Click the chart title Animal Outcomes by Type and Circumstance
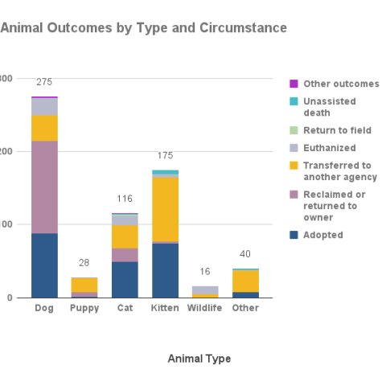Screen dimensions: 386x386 [143, 28]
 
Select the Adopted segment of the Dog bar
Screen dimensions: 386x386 [44, 265]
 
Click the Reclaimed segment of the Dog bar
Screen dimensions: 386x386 [44, 187]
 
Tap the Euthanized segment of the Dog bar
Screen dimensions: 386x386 [44, 106]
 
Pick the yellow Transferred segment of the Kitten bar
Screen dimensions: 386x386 [165, 209]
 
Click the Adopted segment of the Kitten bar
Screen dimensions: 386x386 [165, 270]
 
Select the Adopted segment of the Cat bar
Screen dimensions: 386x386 [125, 279]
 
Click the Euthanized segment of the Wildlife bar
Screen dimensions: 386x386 [205, 289]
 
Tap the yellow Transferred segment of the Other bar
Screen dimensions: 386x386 [245, 281]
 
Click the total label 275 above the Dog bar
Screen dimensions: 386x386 [44, 83]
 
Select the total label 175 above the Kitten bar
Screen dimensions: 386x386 [165, 155]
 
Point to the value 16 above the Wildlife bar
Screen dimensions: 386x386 [205, 272]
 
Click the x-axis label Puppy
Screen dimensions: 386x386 [84, 308]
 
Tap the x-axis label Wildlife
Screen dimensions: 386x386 [205, 308]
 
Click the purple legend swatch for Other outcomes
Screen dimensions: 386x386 [294, 84]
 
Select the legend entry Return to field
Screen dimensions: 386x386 [337, 130]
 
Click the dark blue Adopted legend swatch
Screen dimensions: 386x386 [294, 235]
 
